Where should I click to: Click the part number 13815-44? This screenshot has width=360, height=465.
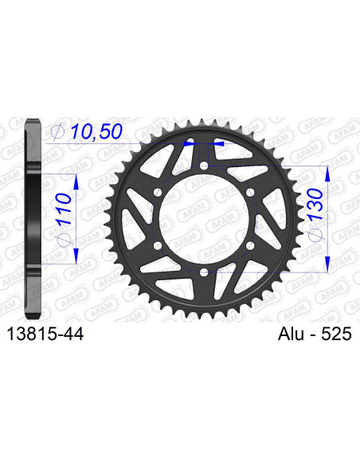click(x=45, y=336)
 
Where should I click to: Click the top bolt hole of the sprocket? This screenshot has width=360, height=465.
click(x=205, y=166)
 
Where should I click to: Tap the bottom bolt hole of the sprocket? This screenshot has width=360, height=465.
click(x=205, y=273)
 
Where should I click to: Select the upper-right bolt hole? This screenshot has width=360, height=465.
click(x=251, y=193)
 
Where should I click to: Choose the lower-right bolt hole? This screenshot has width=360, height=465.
click(x=251, y=246)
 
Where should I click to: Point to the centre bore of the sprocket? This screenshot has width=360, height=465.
click(x=205, y=219)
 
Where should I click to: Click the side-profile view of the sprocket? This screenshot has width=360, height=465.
click(x=32, y=219)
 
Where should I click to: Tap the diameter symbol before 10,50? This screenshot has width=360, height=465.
click(x=56, y=132)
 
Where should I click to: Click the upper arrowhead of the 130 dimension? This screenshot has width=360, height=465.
click(x=327, y=172)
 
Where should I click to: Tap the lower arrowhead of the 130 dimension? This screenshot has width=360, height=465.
click(x=327, y=266)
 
